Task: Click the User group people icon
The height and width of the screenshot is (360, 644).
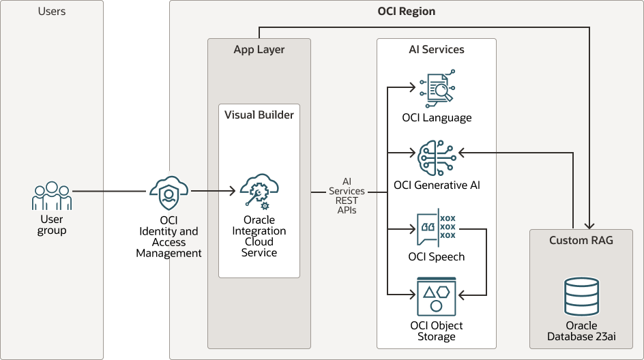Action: pyautogui.click(x=52, y=196)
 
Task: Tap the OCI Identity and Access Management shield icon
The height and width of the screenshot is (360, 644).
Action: pyautogui.click(x=169, y=193)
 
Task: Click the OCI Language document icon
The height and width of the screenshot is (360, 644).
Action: pyautogui.click(x=437, y=91)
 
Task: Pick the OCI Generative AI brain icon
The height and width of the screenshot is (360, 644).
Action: pyautogui.click(x=437, y=158)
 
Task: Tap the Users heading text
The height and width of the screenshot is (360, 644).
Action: pyautogui.click(x=52, y=12)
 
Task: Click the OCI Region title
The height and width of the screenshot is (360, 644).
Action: pyautogui.click(x=407, y=12)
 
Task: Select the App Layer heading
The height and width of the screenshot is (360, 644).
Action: pyautogui.click(x=259, y=50)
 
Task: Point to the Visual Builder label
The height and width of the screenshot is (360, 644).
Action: pyautogui.click(x=259, y=115)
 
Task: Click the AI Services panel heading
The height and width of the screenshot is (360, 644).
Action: pyautogui.click(x=437, y=50)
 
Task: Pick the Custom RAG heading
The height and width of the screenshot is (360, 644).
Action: pyautogui.click(x=581, y=241)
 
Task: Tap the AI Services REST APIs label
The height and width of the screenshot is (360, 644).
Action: pyautogui.click(x=347, y=196)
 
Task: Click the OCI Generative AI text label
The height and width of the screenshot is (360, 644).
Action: pyautogui.click(x=437, y=185)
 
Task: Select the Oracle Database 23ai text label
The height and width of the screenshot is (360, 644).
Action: pyautogui.click(x=581, y=331)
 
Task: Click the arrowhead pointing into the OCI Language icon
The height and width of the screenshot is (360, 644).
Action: pyautogui.click(x=413, y=87)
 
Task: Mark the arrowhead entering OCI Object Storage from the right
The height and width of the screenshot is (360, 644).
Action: pyautogui.click(x=460, y=295)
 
